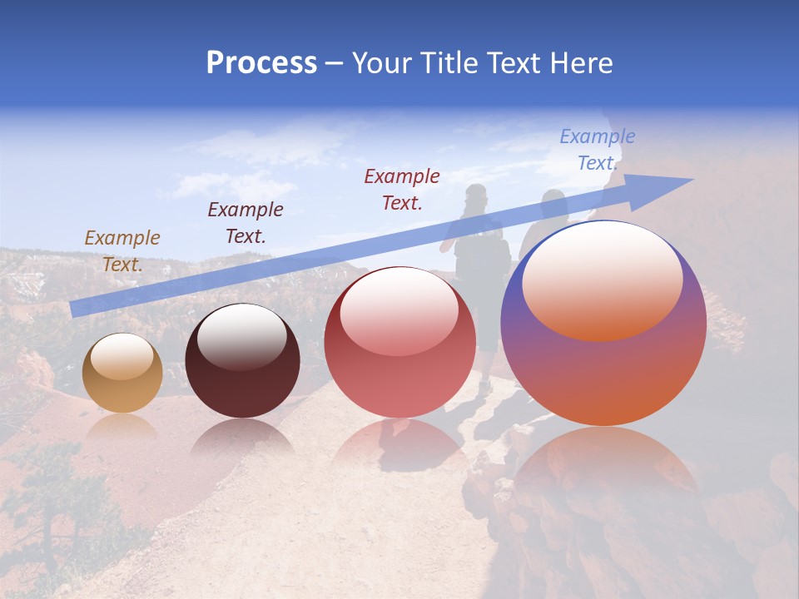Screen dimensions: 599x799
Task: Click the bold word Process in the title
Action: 261,63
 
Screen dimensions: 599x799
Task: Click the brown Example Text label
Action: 122,250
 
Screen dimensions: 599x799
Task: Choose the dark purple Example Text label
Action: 246,222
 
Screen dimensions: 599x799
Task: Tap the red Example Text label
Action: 402,189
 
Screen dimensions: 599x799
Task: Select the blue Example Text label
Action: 597,149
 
